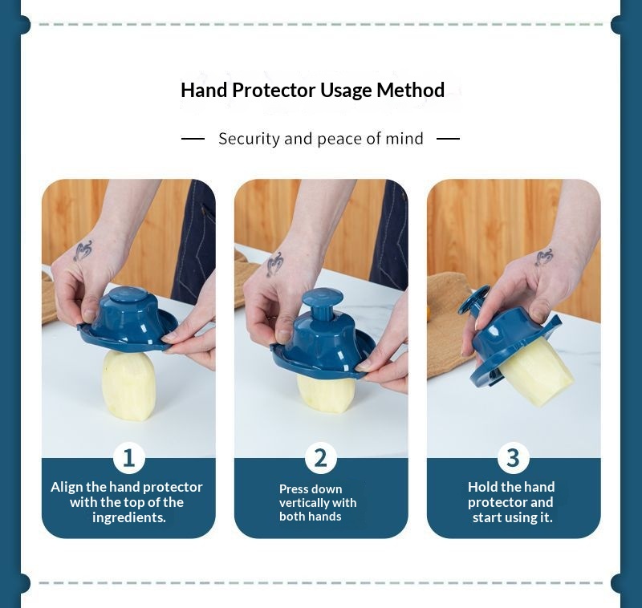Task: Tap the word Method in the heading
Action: tap(410, 90)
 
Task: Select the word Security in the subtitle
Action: tap(249, 139)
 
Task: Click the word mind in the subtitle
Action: tap(404, 139)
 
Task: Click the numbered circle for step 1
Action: tap(129, 457)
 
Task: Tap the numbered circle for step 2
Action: tap(321, 457)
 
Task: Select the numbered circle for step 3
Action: tap(514, 457)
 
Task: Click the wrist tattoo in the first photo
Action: tap(83, 251)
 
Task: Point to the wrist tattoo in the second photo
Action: tap(274, 264)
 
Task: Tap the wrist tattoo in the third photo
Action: tap(545, 257)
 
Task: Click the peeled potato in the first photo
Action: tap(128, 385)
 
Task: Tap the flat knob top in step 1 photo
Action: tap(128, 294)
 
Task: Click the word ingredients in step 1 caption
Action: tap(128, 517)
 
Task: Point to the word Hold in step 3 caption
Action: tap(483, 487)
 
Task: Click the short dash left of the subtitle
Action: tap(193, 139)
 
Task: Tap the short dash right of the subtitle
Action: tap(448, 139)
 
